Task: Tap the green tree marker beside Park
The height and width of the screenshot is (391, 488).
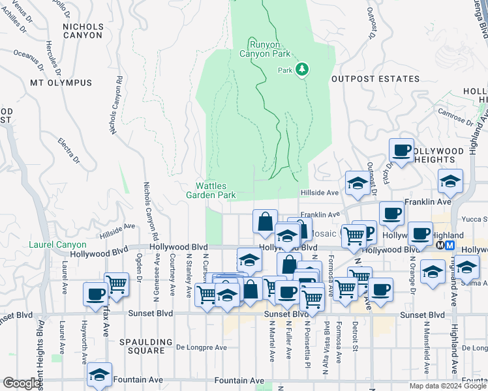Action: coord(301,69)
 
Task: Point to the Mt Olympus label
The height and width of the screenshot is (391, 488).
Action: coord(61,83)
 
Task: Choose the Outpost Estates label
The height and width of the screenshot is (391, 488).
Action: coord(375,79)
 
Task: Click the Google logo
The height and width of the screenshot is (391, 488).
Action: coord(22,383)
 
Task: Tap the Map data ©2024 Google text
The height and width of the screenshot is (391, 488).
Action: coord(448,386)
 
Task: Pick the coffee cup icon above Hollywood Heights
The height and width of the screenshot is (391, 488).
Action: coord(402,150)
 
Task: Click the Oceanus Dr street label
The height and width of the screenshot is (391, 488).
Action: coord(27,60)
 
